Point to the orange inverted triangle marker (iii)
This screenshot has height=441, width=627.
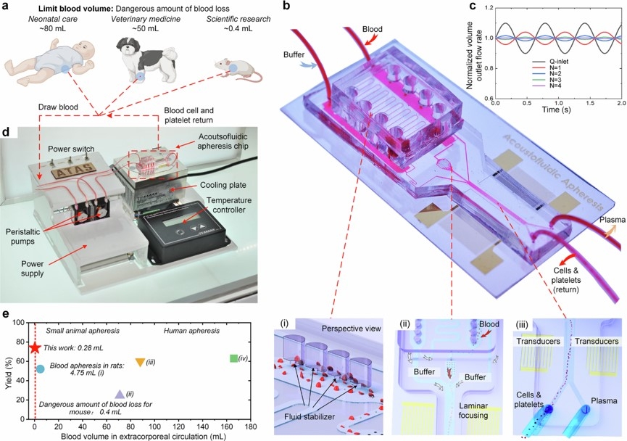point(140,361)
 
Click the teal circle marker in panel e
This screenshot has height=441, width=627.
point(41,369)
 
